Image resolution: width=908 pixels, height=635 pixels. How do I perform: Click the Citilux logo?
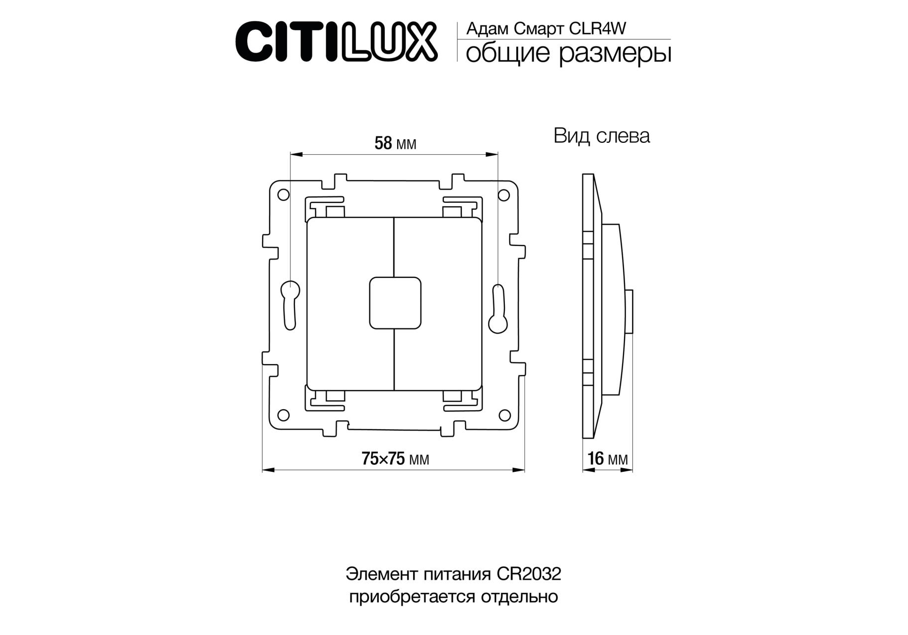(x=336, y=41)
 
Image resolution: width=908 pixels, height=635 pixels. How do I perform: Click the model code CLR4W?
(x=597, y=29)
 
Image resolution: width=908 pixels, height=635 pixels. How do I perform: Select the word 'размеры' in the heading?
(x=615, y=54)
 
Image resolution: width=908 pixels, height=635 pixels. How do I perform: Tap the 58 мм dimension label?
(x=395, y=143)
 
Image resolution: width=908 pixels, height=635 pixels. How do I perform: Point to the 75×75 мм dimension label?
(x=395, y=459)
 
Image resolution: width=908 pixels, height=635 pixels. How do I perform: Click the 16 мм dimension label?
(x=608, y=459)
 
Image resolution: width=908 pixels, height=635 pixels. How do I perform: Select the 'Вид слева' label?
(x=601, y=136)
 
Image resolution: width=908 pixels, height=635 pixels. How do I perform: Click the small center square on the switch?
(x=395, y=303)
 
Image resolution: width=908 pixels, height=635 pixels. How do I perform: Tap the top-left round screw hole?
(x=283, y=194)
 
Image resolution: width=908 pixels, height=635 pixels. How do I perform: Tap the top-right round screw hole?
(x=504, y=195)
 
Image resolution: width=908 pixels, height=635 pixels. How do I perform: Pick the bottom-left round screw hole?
(x=283, y=415)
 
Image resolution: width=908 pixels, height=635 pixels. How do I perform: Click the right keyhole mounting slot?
(x=498, y=308)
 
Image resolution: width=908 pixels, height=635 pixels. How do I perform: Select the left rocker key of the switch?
(x=350, y=304)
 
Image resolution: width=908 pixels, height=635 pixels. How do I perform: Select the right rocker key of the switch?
(x=438, y=304)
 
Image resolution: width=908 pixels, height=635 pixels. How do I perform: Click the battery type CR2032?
(x=529, y=574)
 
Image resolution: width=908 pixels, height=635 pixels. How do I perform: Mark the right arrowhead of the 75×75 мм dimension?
(x=519, y=469)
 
